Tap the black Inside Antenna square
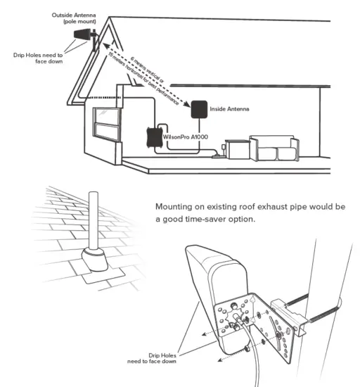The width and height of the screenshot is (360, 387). click(x=198, y=109)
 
